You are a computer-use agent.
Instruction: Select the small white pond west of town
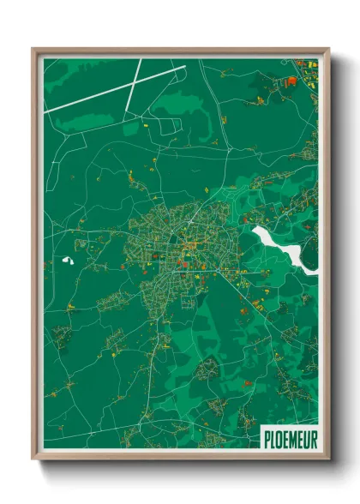[69, 259]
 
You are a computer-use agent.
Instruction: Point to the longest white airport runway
[111, 89]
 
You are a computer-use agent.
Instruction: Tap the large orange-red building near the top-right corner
[291, 81]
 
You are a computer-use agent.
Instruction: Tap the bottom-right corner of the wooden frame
[328, 458]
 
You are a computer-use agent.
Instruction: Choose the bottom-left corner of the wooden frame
[33, 458]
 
